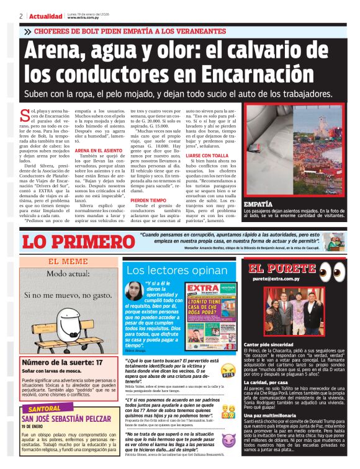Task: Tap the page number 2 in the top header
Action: (21, 16)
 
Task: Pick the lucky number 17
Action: (97, 362)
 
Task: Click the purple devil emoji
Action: (229, 441)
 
